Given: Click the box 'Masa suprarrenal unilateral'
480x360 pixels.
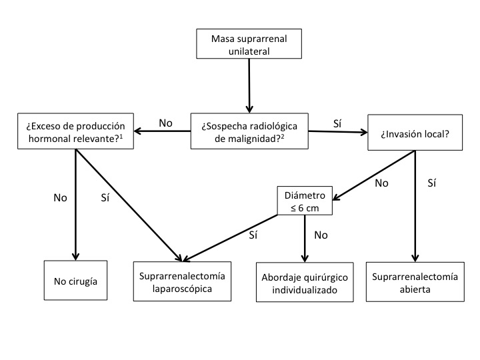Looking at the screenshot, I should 249,43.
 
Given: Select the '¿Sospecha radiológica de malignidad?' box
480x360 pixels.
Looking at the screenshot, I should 250,131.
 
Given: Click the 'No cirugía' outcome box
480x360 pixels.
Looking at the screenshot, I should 75,281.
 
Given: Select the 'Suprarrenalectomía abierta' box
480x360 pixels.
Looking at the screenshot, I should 415,283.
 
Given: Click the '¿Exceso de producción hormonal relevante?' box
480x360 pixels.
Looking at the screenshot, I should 75,131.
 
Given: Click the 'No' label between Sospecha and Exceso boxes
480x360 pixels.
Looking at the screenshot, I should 166,123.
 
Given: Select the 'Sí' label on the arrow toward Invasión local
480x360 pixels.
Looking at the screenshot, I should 337,123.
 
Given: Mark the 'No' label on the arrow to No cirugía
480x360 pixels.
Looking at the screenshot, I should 60,198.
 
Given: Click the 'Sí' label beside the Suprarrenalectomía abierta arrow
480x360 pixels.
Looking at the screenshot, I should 431,183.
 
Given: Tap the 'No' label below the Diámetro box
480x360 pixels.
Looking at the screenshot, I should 320,235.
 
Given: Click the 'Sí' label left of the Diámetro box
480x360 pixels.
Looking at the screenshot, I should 253,235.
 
